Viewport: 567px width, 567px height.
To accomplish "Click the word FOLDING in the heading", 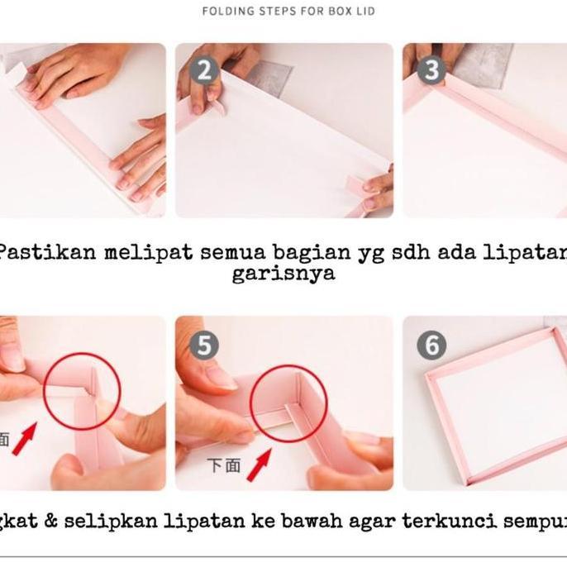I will [x=226, y=12].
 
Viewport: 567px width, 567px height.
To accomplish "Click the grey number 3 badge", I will [x=430, y=69].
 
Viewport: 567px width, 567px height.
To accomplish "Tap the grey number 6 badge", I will [x=431, y=344].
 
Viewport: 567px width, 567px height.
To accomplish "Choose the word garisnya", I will [x=283, y=274].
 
